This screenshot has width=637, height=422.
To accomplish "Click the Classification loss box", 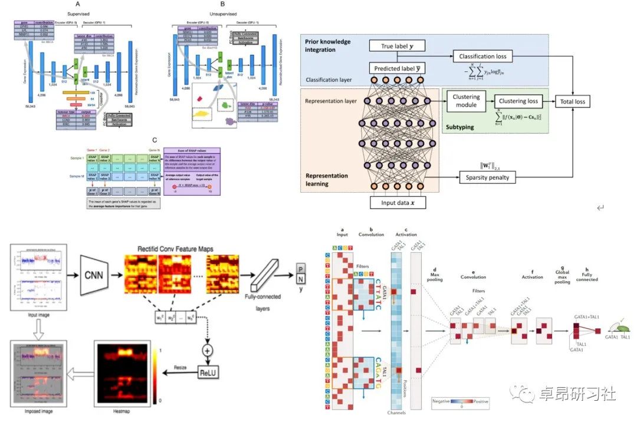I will tap(483, 57).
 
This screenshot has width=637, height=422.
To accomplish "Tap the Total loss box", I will tap(572, 101).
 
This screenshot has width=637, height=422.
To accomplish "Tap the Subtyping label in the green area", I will tap(461, 126).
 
